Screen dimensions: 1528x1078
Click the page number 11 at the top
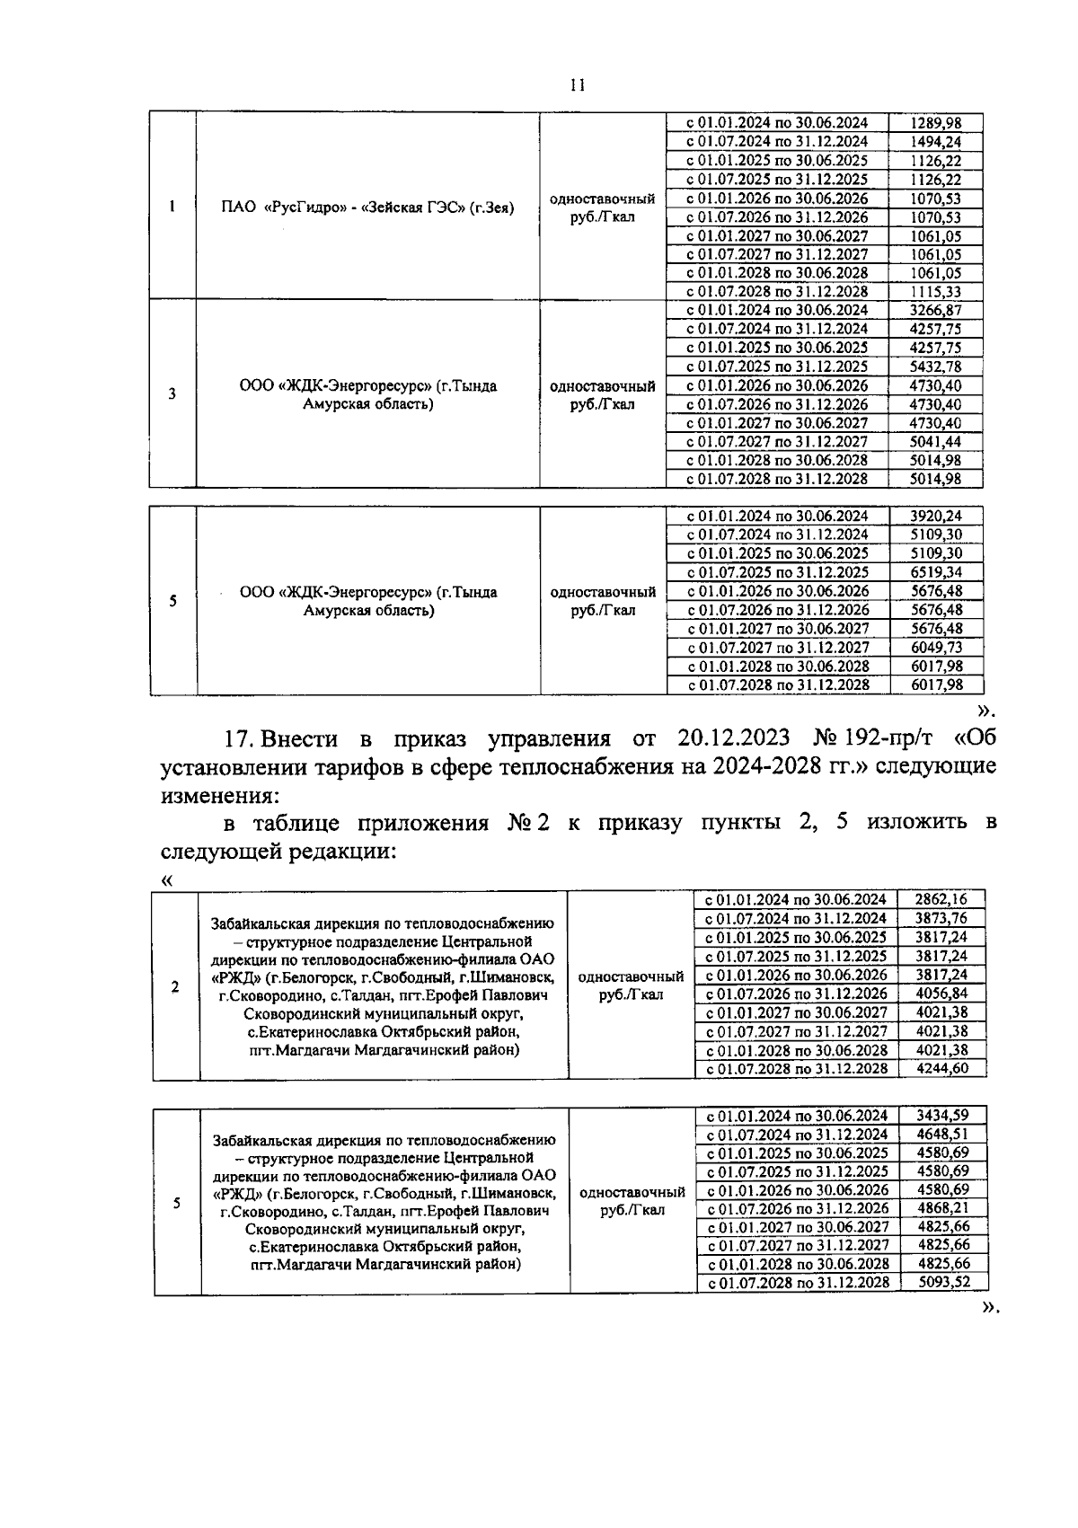point(577,84)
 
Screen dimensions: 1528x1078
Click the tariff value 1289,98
point(935,123)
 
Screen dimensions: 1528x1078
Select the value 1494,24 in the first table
point(935,142)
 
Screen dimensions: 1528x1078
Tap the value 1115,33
point(935,292)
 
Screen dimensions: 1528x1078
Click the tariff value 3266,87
point(935,310)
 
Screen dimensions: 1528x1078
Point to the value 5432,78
point(935,367)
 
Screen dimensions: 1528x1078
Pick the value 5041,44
point(935,441)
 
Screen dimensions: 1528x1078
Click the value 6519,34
point(936,572)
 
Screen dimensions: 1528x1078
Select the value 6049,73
point(936,648)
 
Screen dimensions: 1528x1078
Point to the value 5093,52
point(943,1282)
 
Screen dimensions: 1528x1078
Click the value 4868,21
point(942,1208)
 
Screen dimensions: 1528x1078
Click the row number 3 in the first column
point(172,393)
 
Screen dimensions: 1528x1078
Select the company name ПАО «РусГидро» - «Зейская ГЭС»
point(367,208)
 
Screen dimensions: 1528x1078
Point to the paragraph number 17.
point(240,738)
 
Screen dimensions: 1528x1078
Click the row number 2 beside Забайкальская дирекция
point(175,986)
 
